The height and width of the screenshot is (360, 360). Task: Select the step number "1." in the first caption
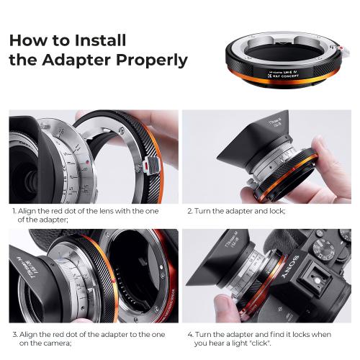click(x=13, y=212)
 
